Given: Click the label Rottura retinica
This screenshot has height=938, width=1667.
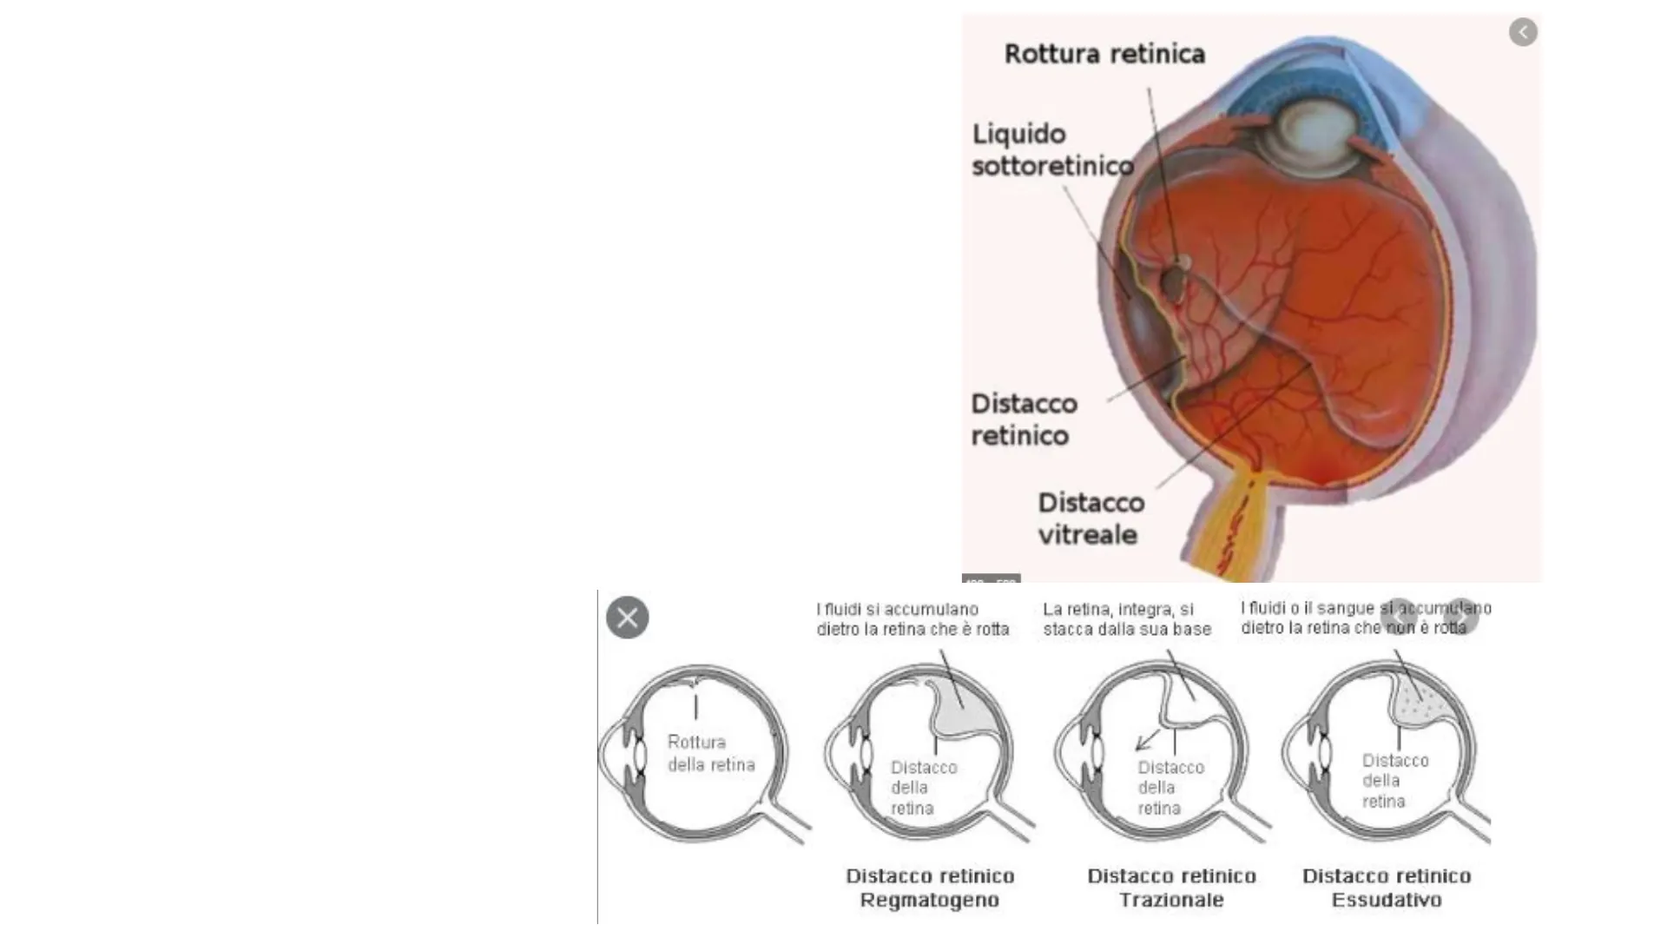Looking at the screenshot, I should coord(1104,54).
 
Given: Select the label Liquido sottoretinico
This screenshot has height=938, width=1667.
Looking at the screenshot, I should coord(1052,150).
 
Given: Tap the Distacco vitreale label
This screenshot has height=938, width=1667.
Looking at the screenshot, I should coord(1090,519).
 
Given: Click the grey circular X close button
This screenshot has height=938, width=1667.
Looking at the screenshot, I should coord(627,618).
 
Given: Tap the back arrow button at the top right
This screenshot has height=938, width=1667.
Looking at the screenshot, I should coord(1523,32).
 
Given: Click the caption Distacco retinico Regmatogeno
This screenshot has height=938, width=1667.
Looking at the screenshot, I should coord(930,888).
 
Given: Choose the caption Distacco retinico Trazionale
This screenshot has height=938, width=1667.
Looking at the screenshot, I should coord(1171,888).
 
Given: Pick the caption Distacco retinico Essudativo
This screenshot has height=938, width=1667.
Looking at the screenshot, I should coord(1387,888).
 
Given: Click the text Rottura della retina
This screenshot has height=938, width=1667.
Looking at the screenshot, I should coord(710,753).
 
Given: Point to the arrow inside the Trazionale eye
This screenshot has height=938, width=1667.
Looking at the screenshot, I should coord(1147,740).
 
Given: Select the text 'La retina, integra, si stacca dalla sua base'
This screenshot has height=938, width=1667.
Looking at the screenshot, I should coord(1127,619).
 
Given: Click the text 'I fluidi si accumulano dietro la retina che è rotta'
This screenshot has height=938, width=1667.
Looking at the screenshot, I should coord(913,619).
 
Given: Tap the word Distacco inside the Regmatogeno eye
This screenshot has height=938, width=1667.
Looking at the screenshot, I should coord(924,768).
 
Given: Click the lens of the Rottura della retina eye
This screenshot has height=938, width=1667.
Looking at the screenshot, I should coord(640,755).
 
